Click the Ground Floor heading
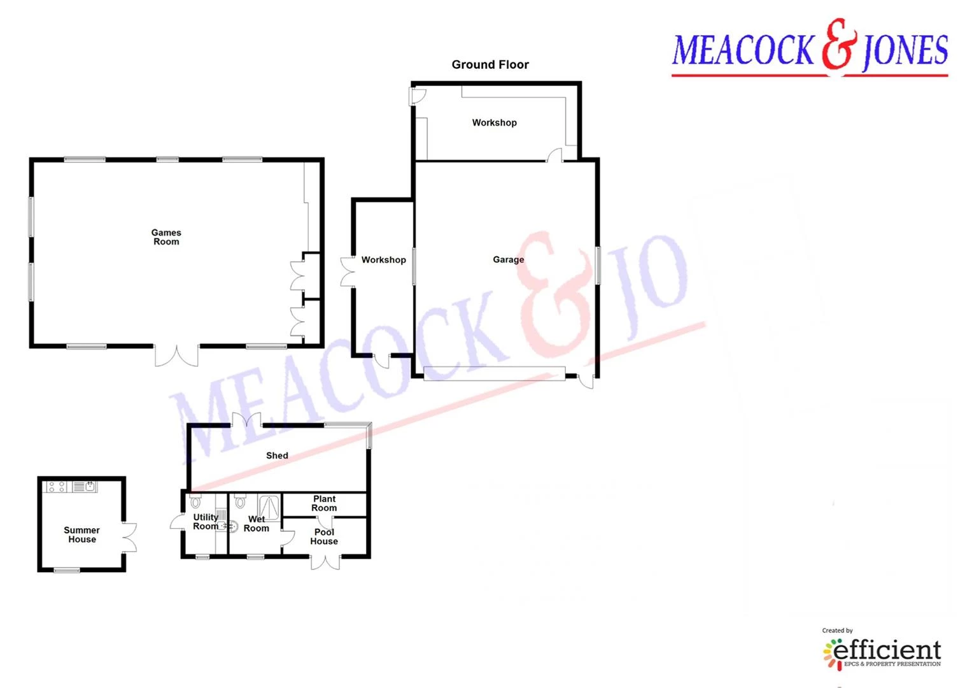pos(490,65)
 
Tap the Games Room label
pos(166,237)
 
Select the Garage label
pos(508,260)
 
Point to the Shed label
pos(277,455)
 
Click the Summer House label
pos(81,534)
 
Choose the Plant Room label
pos(324,503)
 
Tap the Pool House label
pos(324,537)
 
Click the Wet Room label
pos(256,524)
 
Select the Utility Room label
pos(206,522)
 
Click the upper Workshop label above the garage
pos(494,122)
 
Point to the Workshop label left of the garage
pos(384,260)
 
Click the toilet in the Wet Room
pos(240,501)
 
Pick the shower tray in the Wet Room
pos(269,506)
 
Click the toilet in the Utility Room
pos(195,501)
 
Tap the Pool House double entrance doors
pos(325,562)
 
